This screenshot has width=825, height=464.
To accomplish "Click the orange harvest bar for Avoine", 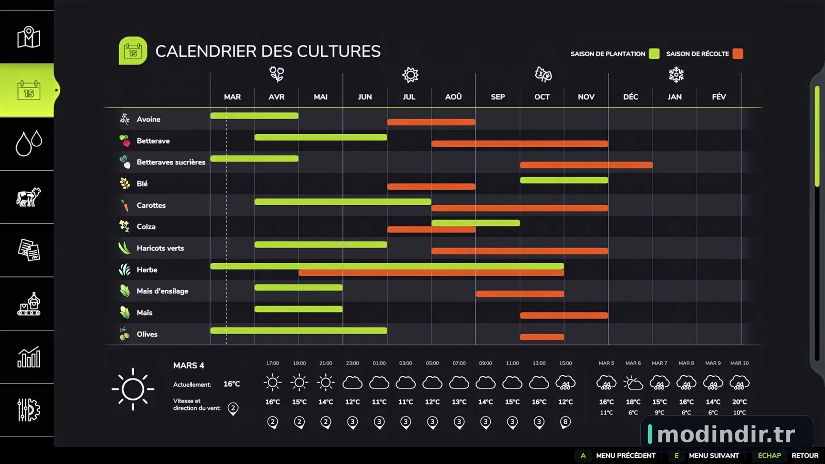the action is coord(431,122).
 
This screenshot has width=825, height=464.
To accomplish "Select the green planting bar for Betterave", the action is coord(321,137).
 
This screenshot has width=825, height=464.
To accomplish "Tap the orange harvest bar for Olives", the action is coord(542,337).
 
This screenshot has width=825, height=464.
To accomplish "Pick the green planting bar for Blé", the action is coord(564,180).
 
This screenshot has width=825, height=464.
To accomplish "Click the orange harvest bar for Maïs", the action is coord(564,315).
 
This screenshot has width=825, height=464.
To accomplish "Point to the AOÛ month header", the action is coord(453,97).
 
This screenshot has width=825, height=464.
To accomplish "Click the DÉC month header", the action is coord(631,97).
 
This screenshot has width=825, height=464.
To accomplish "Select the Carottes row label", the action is coord(151,205).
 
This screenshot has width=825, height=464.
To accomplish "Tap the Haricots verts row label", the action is coord(160,248).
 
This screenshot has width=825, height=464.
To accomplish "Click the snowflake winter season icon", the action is coord(676,75).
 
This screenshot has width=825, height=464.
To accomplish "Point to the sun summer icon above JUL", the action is coord(410,75).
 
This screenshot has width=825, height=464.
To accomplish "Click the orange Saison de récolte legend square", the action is coord(738,54).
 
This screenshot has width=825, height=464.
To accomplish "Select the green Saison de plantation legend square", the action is coord(654,54).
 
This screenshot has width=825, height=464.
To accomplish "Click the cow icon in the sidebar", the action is coord(29,197).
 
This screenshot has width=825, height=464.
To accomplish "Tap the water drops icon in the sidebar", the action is coord(29,143).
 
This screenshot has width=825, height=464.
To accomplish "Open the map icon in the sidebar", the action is coord(29,37).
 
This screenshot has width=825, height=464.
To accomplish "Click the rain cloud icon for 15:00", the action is coord(565,383).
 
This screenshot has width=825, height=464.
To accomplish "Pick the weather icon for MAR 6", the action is coord(633,383).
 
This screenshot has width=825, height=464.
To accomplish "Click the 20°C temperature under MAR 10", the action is coord(739,402).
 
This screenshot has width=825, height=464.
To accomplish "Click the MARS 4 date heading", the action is coord(189,366).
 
